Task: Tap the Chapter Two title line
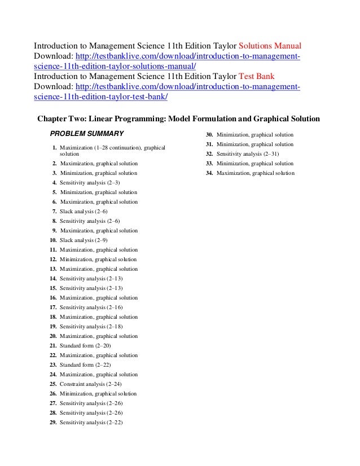[x=178, y=119]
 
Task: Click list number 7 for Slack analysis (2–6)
[x=54, y=211]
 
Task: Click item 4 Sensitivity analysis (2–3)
[x=90, y=182]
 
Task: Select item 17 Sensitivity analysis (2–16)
[x=91, y=307]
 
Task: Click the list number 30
[x=209, y=135]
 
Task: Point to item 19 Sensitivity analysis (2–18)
[x=91, y=326]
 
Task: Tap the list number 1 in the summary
[x=55, y=147]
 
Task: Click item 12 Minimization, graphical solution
[x=98, y=259]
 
